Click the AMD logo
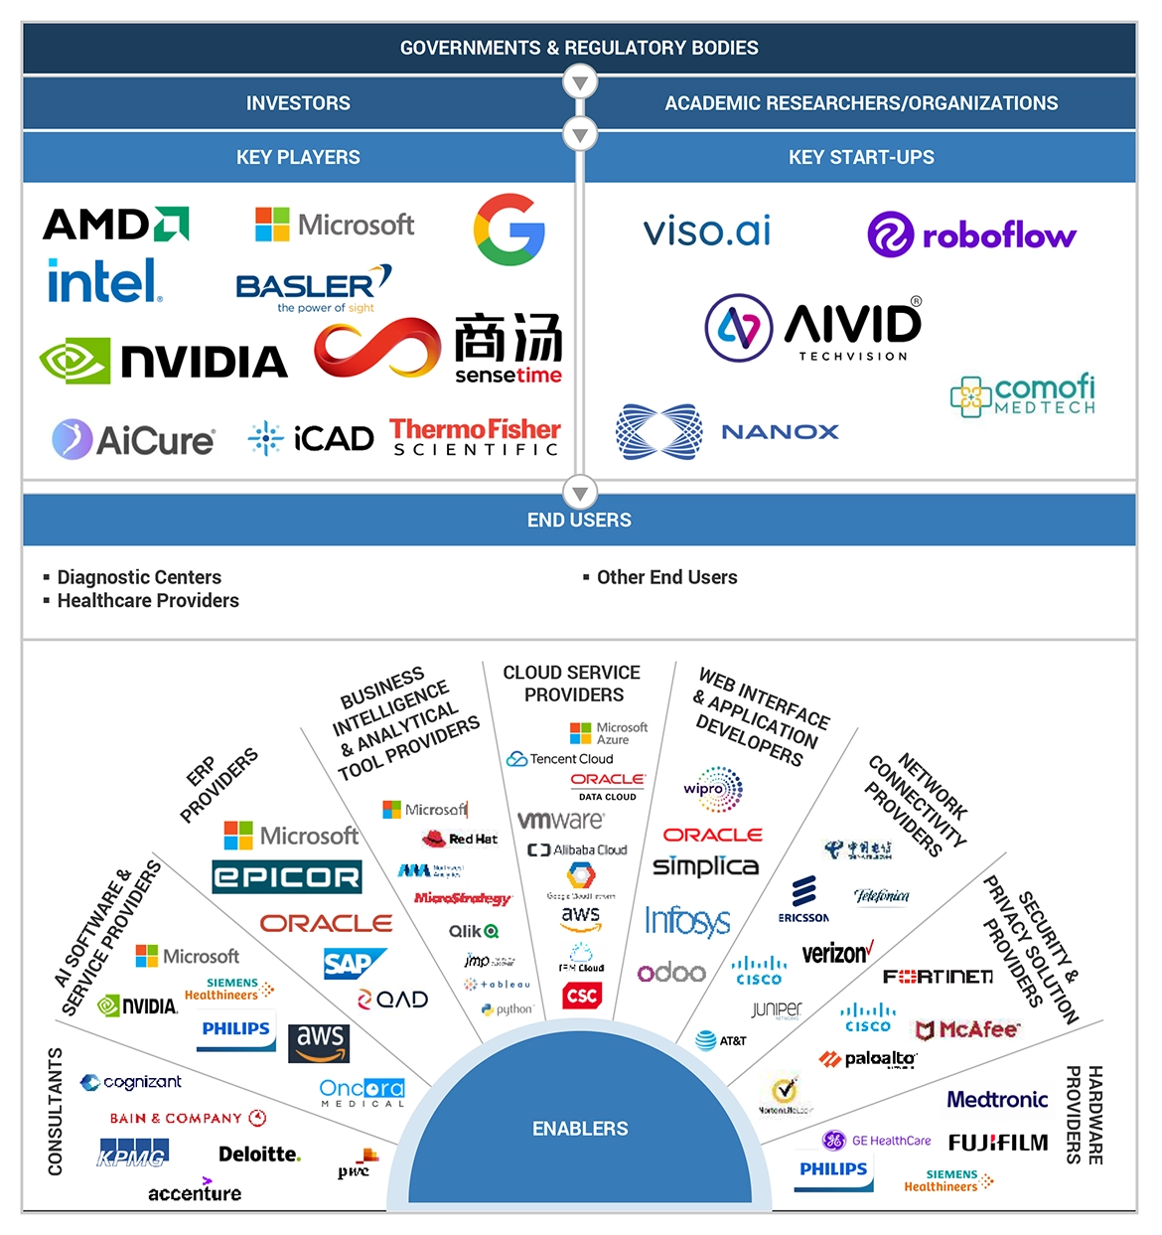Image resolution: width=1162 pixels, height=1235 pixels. [116, 225]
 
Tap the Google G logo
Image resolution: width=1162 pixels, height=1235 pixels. [508, 230]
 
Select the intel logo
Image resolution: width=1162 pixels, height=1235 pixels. [103, 281]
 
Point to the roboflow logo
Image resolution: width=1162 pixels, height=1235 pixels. [971, 235]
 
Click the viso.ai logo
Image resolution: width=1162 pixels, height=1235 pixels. [706, 232]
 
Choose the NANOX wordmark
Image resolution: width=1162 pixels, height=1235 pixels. [780, 432]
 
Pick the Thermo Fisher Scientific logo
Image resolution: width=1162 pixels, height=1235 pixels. [475, 436]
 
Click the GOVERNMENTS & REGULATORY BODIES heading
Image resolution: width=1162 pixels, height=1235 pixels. [579, 48]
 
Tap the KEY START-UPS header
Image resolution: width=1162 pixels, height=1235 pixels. [861, 157]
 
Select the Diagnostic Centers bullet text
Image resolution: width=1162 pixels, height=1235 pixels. [139, 577]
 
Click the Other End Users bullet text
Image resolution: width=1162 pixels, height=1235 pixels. [666, 577]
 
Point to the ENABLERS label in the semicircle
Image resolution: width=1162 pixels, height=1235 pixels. [580, 1129]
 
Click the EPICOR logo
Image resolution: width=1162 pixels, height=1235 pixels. [287, 877]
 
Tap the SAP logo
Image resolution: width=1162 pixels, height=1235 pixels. [350, 963]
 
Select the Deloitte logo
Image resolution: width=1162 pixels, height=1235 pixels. [259, 1155]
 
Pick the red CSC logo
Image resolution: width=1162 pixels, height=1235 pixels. [581, 996]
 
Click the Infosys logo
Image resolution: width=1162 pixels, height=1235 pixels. [687, 921]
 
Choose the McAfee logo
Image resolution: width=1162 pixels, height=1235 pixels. [967, 1029]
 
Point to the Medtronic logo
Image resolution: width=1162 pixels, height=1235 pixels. [997, 1100]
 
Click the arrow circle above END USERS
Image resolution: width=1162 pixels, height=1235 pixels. [580, 492]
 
